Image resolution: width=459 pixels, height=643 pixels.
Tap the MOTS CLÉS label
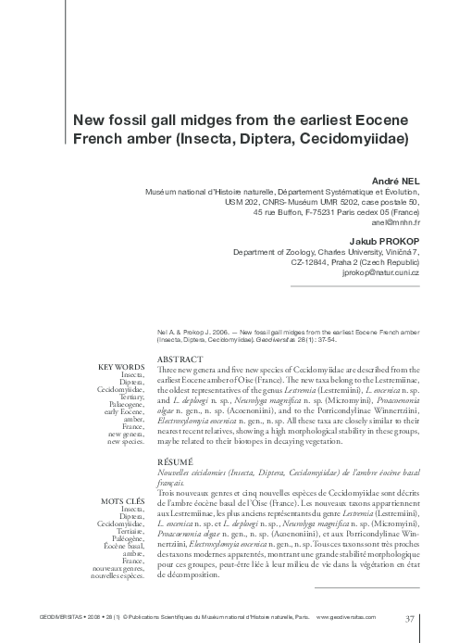(120, 501)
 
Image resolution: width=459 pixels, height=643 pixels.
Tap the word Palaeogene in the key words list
(123, 404)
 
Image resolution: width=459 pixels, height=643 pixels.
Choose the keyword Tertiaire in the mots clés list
(126, 532)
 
